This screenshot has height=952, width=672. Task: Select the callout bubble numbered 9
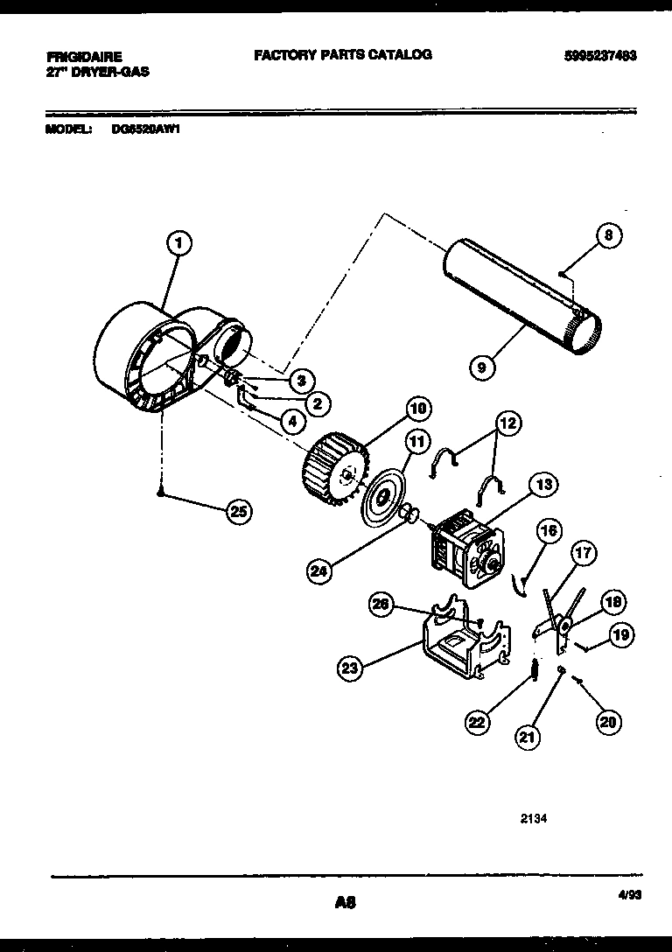pos(481,367)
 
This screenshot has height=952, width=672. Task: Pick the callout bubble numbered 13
pos(543,484)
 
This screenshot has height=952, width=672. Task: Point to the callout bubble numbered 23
pos(351,669)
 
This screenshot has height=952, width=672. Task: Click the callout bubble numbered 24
pos(320,573)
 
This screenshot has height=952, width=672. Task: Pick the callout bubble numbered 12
pos(507,424)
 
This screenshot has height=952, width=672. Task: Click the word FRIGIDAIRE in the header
pos(84,56)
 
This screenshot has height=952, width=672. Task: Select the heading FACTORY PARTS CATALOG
pos(343,54)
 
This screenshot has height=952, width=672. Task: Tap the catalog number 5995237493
pos(600,55)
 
